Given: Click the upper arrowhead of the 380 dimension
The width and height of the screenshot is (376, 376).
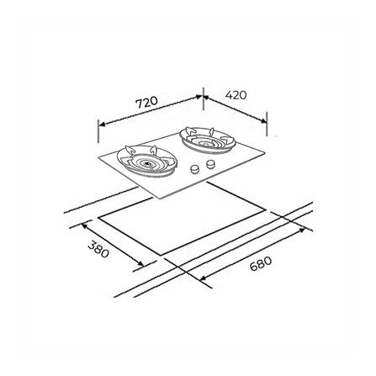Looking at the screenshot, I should (x=83, y=225).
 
